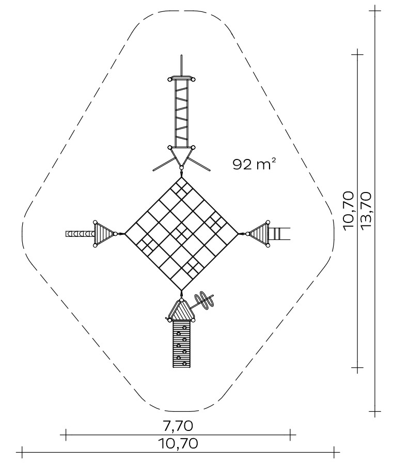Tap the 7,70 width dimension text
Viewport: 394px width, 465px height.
(x=178, y=426)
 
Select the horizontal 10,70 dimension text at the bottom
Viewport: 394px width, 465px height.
(x=178, y=444)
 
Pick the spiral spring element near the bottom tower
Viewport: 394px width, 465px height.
(x=204, y=300)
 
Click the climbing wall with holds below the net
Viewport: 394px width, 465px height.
(x=181, y=344)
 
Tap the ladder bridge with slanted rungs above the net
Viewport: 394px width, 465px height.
(x=181, y=114)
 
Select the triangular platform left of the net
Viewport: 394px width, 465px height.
(x=104, y=234)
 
